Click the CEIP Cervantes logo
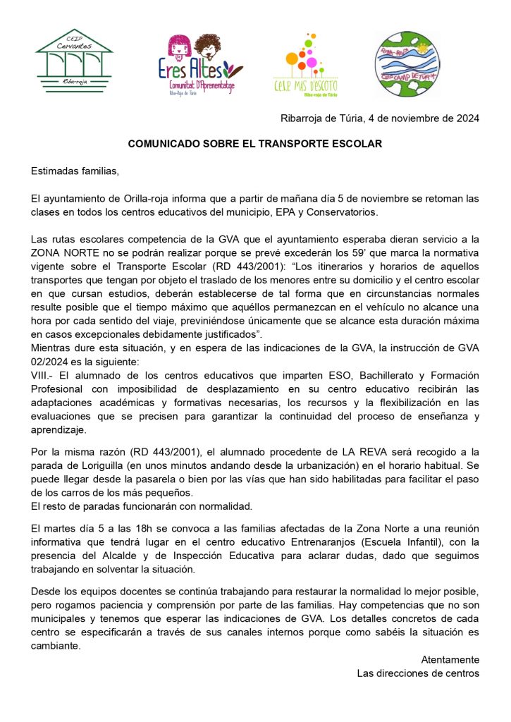click(x=74, y=62)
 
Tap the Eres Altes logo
click(x=199, y=65)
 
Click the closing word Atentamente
click(x=450, y=659)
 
